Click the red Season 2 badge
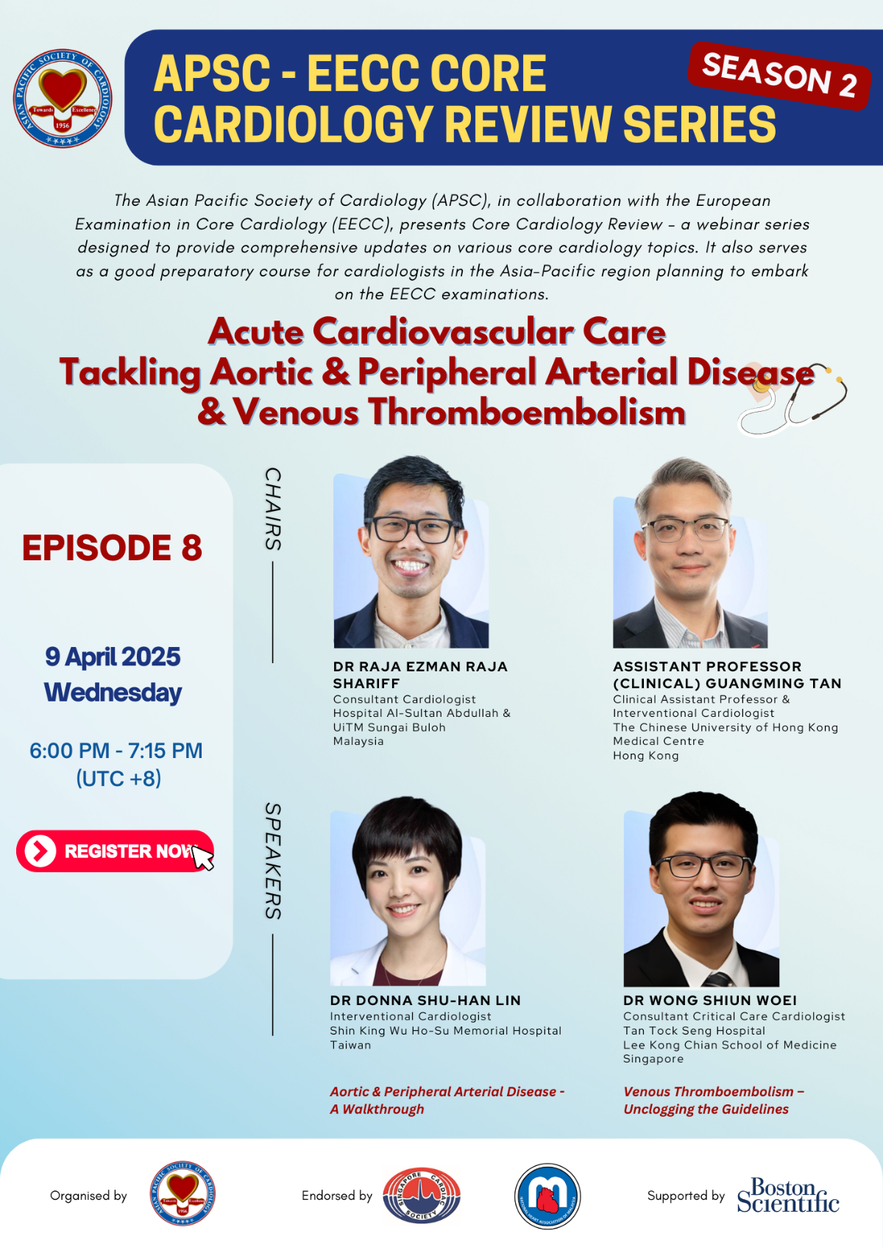tap(779, 76)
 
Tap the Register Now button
tap(116, 851)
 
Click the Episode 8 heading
tap(112, 547)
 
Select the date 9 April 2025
tap(113, 657)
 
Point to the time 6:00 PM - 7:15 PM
tap(116, 751)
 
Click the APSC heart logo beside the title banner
tap(63, 98)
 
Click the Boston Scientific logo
tap(788, 1195)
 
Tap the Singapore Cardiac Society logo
tap(421, 1195)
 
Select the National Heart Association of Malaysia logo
tap(547, 1196)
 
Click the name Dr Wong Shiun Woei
tap(710, 1001)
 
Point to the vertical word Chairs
tap(273, 509)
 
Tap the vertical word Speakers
tap(273, 861)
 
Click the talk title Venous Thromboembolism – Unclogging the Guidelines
tap(714, 1100)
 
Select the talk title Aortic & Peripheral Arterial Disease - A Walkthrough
tap(447, 1100)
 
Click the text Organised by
tap(88, 1196)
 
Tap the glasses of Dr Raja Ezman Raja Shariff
tap(414, 529)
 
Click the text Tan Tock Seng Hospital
tap(694, 1030)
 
